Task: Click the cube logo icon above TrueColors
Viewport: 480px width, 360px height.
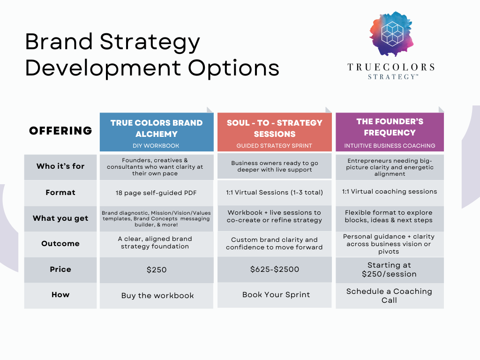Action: pyautogui.click(x=392, y=34)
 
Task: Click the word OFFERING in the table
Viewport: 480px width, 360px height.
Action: pyautogui.click(x=60, y=131)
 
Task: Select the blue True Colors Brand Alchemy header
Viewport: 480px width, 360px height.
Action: pyautogui.click(x=157, y=132)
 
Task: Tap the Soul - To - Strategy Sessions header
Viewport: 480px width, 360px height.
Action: pyautogui.click(x=274, y=132)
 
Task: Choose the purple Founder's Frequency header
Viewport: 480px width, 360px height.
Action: pyautogui.click(x=390, y=132)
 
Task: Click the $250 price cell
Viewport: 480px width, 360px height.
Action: pyautogui.click(x=157, y=270)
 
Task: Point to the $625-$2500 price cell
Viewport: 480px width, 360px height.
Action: pyautogui.click(x=274, y=270)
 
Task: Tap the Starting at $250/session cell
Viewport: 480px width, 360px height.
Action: pyautogui.click(x=390, y=270)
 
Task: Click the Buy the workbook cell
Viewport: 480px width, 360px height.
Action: pyautogui.click(x=157, y=296)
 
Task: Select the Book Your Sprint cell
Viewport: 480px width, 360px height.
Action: pyautogui.click(x=274, y=295)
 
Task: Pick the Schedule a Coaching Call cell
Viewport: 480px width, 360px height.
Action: pyautogui.click(x=390, y=296)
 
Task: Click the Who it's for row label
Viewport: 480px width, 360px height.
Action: pyautogui.click(x=60, y=166)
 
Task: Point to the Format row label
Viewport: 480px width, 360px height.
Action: pyautogui.click(x=60, y=193)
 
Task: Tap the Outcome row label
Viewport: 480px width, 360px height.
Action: pyautogui.click(x=60, y=244)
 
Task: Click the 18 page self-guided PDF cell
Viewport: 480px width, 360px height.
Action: pyautogui.click(x=157, y=193)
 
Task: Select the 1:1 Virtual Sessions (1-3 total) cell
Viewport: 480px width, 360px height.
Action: pyautogui.click(x=274, y=192)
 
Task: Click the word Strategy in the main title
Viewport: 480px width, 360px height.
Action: pyautogui.click(x=150, y=42)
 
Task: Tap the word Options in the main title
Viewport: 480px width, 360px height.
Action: pyautogui.click(x=233, y=68)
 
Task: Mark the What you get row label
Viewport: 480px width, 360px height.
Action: pyautogui.click(x=60, y=218)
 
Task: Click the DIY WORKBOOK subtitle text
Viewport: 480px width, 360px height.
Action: pyautogui.click(x=156, y=146)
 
